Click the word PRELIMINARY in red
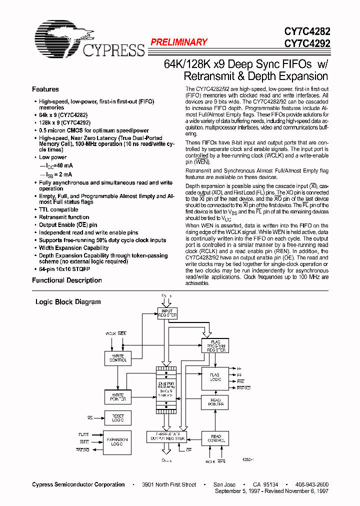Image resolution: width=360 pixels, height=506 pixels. pyautogui.click(x=178, y=42)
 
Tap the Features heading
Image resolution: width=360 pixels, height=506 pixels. pyautogui.click(x=45, y=89)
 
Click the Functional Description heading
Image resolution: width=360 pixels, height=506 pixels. pyautogui.click(x=67, y=280)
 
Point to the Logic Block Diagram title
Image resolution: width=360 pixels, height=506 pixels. pyautogui.click(x=68, y=302)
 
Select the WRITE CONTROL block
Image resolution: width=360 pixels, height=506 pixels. pyautogui.click(x=118, y=358)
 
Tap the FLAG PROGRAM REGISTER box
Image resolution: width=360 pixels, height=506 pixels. pyautogui.click(x=215, y=346)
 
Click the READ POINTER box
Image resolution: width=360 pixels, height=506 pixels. pyautogui.click(x=215, y=401)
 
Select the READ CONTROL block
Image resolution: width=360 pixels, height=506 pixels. pyautogui.click(x=215, y=438)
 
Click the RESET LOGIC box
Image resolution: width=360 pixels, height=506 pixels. pyautogui.click(x=118, y=418)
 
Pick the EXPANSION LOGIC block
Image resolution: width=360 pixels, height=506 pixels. pyautogui.click(x=118, y=442)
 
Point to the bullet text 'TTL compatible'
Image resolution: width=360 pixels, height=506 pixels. pyautogui.click(x=58, y=210)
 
